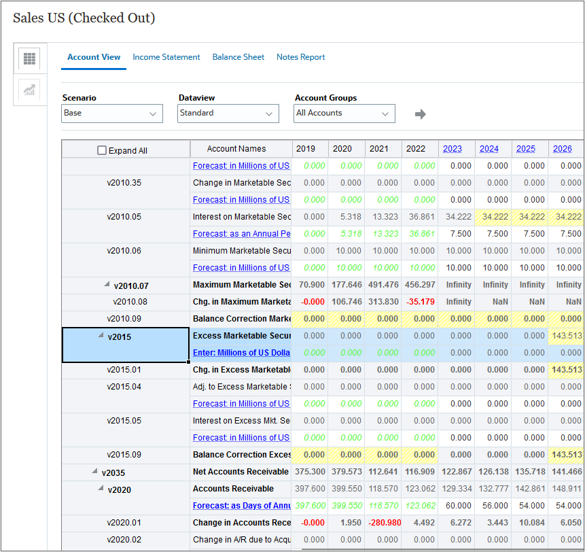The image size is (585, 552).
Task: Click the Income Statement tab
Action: [166, 57]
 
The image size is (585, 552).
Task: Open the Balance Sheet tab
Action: [238, 57]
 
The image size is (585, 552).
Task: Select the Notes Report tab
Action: [300, 57]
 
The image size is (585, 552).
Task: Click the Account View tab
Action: [94, 57]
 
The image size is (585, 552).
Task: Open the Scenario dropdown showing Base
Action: [112, 114]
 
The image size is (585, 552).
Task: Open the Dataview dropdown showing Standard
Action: [228, 114]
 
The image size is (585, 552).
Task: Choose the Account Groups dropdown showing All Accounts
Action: [344, 114]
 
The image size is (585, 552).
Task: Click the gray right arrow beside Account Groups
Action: [421, 114]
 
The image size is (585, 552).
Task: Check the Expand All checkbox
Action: [102, 151]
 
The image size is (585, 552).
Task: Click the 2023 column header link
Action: [452, 149]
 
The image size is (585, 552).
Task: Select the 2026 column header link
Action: [562, 149]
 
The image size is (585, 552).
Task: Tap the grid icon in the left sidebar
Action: [29, 59]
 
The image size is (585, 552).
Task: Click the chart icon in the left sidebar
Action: [29, 90]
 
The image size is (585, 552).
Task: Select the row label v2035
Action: [113, 472]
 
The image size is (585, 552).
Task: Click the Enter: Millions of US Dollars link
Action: [241, 353]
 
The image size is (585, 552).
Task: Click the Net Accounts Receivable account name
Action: [241, 472]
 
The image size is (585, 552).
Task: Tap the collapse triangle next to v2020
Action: [101, 488]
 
